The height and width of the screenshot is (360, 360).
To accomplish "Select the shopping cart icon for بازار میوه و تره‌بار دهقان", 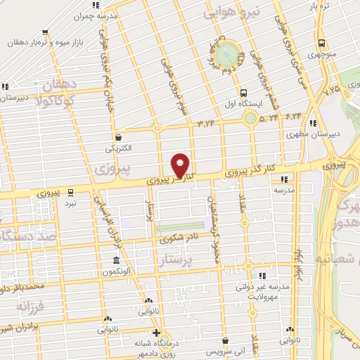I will click(x=45, y=32).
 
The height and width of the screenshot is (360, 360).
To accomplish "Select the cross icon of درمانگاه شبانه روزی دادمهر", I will click(x=156, y=333).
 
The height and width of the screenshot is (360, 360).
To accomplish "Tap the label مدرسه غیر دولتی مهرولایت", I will click(x=263, y=292).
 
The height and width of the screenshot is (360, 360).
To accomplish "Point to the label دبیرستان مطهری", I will click(x=314, y=133).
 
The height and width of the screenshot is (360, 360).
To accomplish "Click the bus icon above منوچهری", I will click(x=321, y=43).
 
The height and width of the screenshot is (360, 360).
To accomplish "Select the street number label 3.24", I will click(x=206, y=124).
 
